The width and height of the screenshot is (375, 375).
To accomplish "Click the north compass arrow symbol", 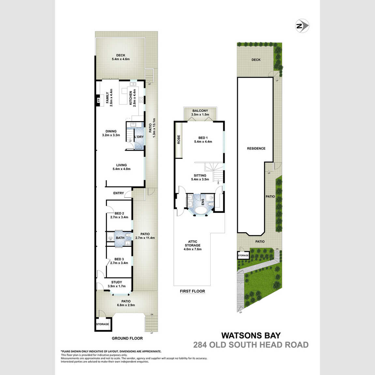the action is coord(302,26).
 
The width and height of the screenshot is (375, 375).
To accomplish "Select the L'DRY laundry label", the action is coord(139,137).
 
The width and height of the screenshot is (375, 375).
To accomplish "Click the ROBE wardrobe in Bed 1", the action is coord(179,140).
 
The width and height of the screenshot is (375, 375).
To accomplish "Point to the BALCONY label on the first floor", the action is coord(200,111).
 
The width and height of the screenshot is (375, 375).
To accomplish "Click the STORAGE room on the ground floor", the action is coord(103,324).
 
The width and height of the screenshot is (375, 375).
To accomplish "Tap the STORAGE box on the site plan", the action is coord(243,255).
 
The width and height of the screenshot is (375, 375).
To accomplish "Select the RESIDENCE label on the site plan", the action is coord(256,148).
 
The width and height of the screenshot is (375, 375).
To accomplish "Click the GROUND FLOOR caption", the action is coord(127,338).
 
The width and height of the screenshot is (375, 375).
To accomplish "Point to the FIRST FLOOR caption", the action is coord(192,291).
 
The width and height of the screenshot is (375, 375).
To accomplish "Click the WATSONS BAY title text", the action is coord(251,335).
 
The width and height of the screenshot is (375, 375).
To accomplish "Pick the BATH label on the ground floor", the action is coord(120,238).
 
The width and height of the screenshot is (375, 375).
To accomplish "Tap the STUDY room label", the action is coord(117,282).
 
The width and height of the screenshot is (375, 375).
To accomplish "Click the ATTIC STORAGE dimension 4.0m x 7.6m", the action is coord(192,249).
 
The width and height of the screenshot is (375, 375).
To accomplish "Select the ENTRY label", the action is coord(119,193).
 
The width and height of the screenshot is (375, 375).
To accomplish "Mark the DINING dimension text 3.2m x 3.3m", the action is coord(111,135).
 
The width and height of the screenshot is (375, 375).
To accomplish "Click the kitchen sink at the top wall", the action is coord(133,84).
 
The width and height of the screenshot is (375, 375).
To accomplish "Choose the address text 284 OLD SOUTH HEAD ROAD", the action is coord(251,345).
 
